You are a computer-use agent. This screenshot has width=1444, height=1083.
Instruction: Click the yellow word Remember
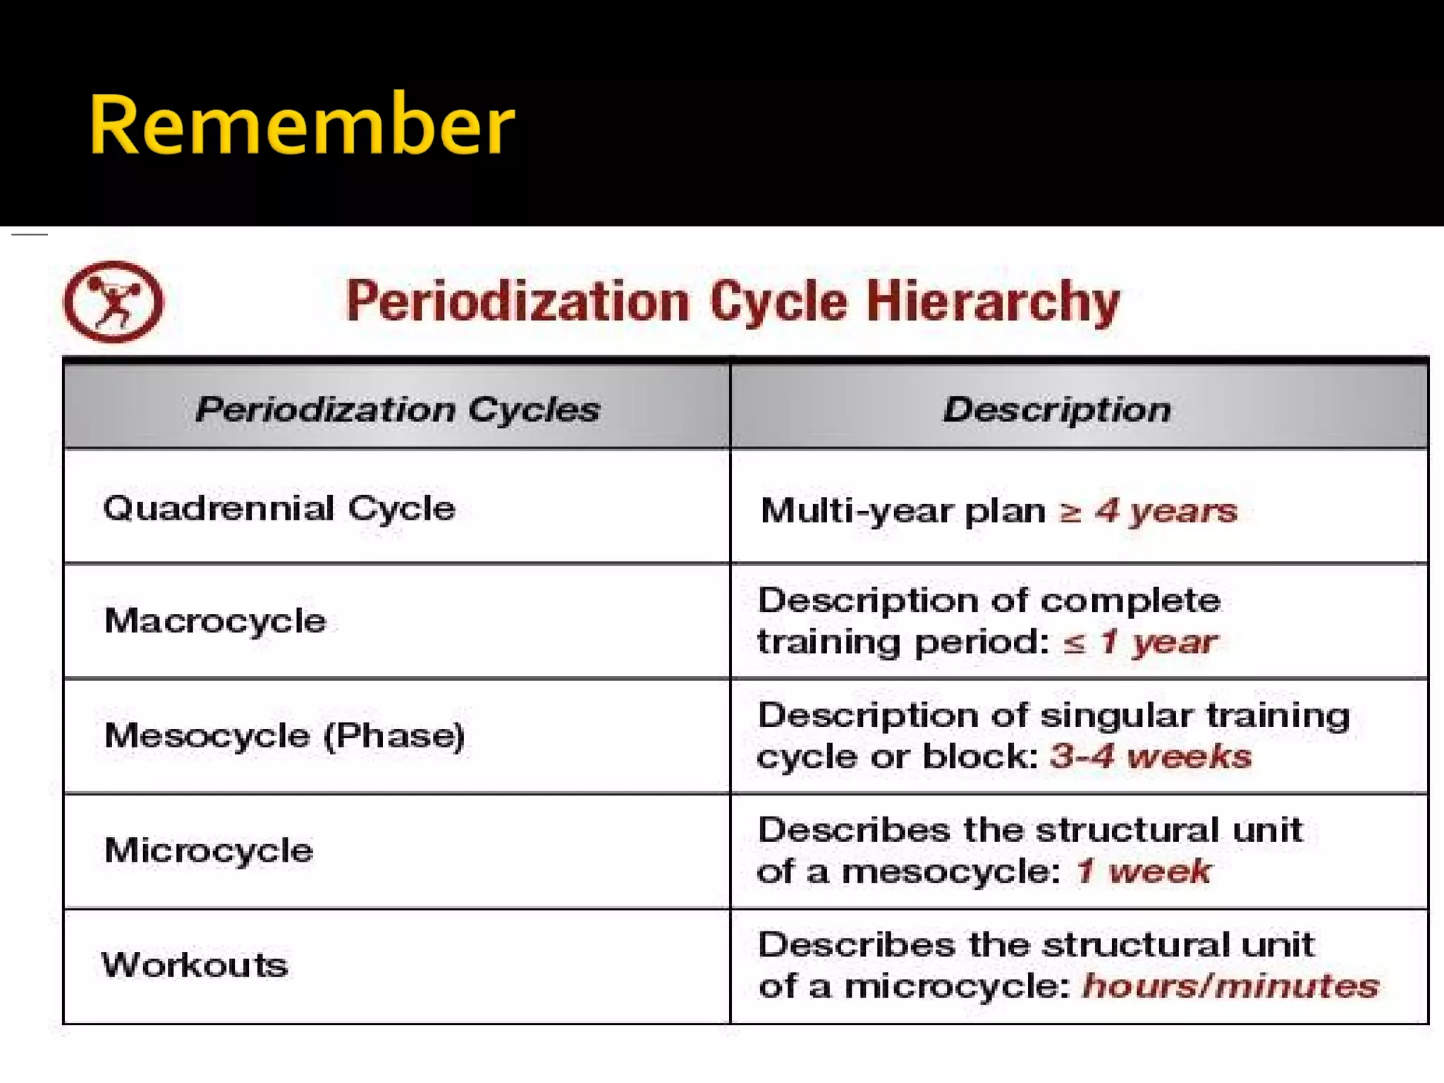[302, 126]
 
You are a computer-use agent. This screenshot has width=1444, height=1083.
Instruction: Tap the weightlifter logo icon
[114, 302]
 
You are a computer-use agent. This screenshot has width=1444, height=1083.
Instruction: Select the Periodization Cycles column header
[398, 409]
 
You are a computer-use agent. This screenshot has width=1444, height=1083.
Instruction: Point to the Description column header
[1057, 409]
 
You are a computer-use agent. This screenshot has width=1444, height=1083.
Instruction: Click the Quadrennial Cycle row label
[279, 508]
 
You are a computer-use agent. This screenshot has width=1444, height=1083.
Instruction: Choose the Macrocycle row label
[215, 621]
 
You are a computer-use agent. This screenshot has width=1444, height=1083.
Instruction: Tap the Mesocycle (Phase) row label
[284, 735]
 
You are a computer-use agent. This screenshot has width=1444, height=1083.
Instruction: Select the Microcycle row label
[209, 850]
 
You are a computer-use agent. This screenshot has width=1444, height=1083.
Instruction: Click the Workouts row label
[195, 965]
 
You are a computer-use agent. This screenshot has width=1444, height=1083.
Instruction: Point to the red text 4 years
[1166, 510]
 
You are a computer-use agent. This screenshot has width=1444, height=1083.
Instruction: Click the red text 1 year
[1158, 642]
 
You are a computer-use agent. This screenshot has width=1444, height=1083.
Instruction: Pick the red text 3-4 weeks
[1151, 757]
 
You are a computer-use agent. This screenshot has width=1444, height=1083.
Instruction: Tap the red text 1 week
[1144, 871]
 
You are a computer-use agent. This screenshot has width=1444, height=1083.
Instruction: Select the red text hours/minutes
[1230, 986]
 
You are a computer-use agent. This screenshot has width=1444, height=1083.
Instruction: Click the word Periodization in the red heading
[517, 302]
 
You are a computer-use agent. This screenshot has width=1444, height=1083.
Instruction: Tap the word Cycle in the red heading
[778, 302]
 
